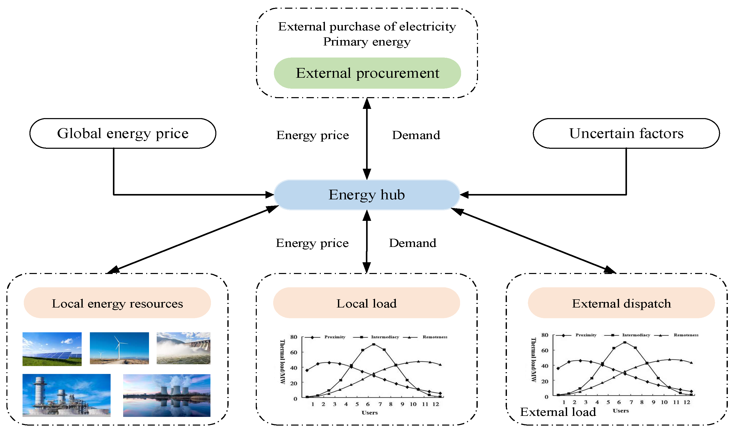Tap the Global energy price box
(x=123, y=133)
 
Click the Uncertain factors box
(x=626, y=133)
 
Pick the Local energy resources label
(x=117, y=303)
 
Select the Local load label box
(x=366, y=303)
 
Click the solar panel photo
(x=52, y=349)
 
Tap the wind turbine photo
(x=119, y=348)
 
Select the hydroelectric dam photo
(x=183, y=348)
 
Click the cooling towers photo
(x=167, y=395)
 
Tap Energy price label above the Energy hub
(x=312, y=135)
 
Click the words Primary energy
(x=367, y=42)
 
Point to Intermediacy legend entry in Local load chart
(x=385, y=337)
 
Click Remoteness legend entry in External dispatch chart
(x=686, y=335)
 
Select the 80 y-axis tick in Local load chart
(x=293, y=337)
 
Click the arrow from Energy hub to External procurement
(x=367, y=139)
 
